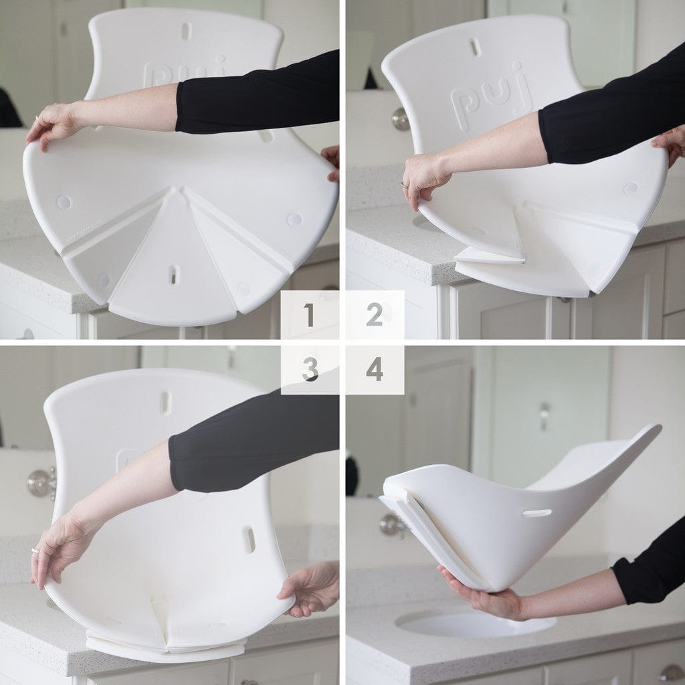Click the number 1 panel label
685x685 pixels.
click(309, 315)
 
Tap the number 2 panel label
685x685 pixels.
click(375, 315)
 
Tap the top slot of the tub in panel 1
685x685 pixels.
click(186, 31)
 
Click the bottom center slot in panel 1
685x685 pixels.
click(173, 274)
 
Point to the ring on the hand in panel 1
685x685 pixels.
click(37, 118)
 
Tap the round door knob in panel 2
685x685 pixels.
click(400, 119)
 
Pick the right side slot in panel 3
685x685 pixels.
click(249, 539)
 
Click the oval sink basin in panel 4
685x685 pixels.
click(475, 622)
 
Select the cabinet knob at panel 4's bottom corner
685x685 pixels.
click(671, 672)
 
